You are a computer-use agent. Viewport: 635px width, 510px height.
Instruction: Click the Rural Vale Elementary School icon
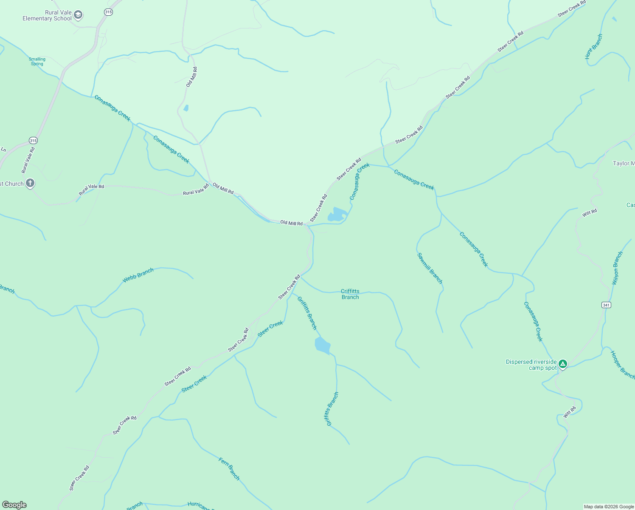pyautogui.click(x=78, y=15)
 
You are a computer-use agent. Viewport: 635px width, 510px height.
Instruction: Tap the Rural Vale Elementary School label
pyautogui.click(x=47, y=16)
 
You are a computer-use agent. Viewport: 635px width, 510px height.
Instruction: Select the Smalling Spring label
pyautogui.click(x=37, y=62)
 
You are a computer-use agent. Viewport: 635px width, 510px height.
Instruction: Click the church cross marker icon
pyautogui.click(x=30, y=183)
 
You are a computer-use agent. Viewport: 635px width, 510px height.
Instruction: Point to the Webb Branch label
pyautogui.click(x=138, y=275)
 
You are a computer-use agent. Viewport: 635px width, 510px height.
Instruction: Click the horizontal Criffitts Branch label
pyautogui.click(x=350, y=294)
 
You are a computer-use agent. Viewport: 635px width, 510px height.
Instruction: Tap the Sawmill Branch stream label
pyautogui.click(x=430, y=268)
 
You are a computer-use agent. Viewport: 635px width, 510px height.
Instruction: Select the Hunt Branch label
pyautogui.click(x=593, y=46)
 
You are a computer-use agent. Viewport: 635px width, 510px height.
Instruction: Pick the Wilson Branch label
pyautogui.click(x=618, y=268)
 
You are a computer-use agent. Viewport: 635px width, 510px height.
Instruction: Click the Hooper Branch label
pyautogui.click(x=622, y=365)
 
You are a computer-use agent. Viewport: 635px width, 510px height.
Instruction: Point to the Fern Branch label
pyautogui.click(x=229, y=469)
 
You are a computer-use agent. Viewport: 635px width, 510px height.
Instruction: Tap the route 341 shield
pyautogui.click(x=606, y=305)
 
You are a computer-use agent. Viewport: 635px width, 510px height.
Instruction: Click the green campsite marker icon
pyautogui.click(x=563, y=364)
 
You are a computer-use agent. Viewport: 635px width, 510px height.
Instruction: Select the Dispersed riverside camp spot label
pyautogui.click(x=531, y=365)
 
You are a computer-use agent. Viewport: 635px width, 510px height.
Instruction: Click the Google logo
pyautogui.click(x=14, y=505)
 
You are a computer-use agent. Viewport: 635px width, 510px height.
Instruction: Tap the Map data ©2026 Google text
pyautogui.click(x=609, y=507)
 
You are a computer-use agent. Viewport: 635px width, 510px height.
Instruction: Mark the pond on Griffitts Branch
pyautogui.click(x=322, y=346)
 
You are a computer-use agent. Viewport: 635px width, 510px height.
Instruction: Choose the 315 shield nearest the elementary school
pyautogui.click(x=108, y=12)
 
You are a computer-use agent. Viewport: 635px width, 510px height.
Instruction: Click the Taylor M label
pyautogui.click(x=624, y=163)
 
